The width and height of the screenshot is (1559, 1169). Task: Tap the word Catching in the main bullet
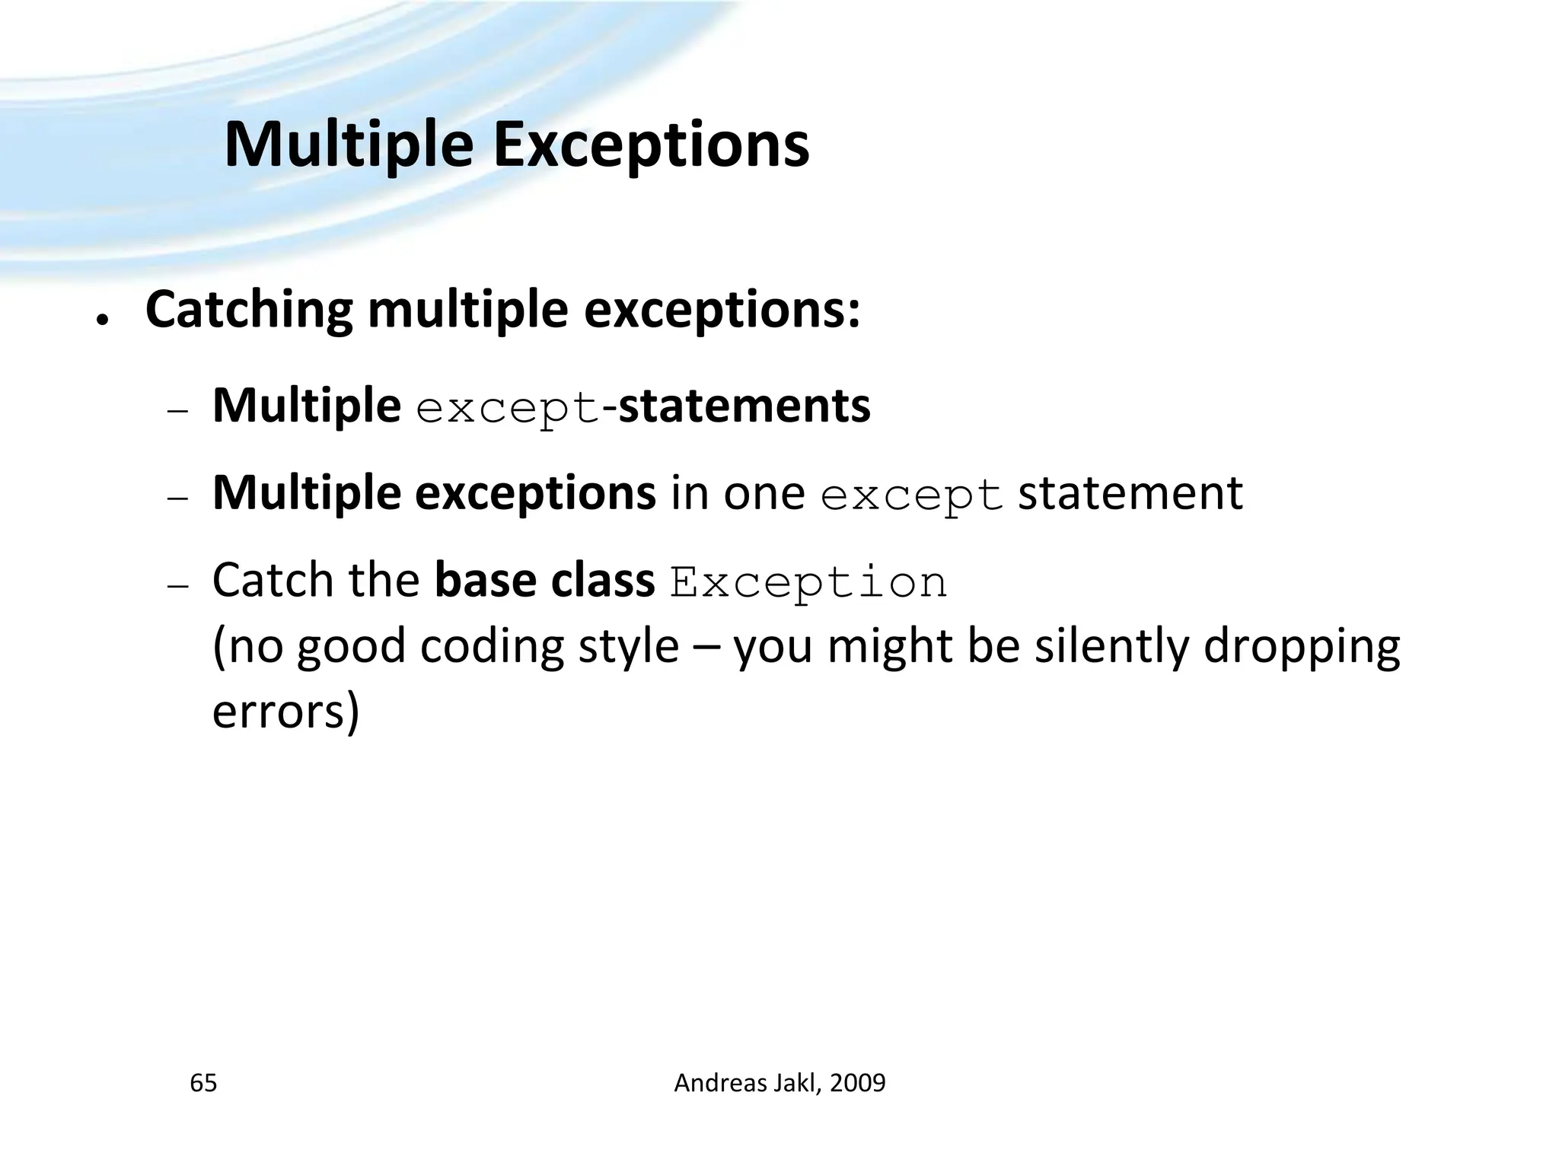coord(249,311)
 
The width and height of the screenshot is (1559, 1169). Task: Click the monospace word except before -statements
coord(509,409)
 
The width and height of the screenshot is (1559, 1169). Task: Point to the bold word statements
coord(744,406)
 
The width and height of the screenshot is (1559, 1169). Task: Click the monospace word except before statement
coord(912,496)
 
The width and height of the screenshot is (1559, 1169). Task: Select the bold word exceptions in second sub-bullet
coord(535,493)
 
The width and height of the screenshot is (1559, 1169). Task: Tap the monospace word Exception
coord(808,584)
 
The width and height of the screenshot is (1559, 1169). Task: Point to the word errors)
coord(285,712)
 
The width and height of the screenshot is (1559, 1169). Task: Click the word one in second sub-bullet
coord(764,495)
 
